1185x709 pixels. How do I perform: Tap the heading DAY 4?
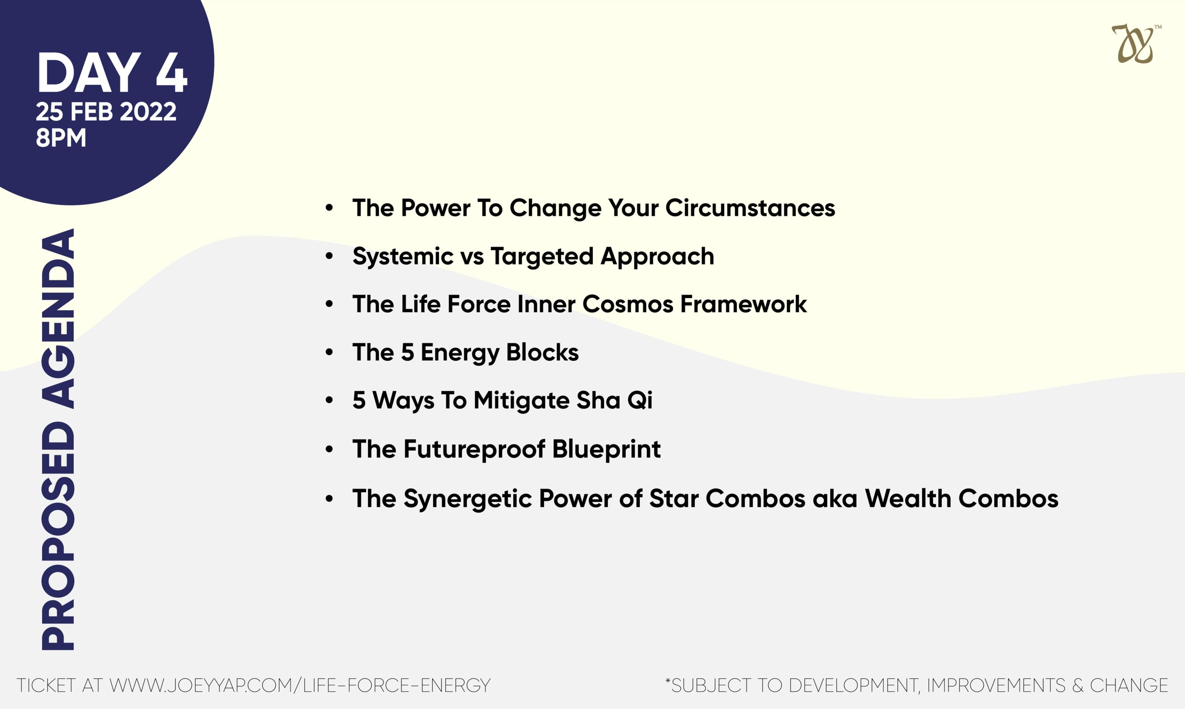(112, 73)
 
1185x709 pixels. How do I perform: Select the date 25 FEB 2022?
(106, 112)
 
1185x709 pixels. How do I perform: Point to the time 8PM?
(61, 138)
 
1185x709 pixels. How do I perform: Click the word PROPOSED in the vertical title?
(58, 536)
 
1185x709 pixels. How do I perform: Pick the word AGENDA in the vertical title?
(58, 318)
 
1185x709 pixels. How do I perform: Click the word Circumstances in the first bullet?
(750, 208)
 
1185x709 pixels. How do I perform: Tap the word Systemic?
(403, 256)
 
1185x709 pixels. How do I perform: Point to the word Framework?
(743, 304)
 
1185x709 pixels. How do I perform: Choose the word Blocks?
(542, 353)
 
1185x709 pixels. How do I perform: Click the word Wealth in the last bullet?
(908, 498)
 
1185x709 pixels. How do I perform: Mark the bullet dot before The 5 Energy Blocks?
(329, 353)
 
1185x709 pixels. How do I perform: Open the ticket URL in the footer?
(300, 686)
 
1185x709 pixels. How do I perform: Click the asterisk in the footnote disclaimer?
(668, 680)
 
